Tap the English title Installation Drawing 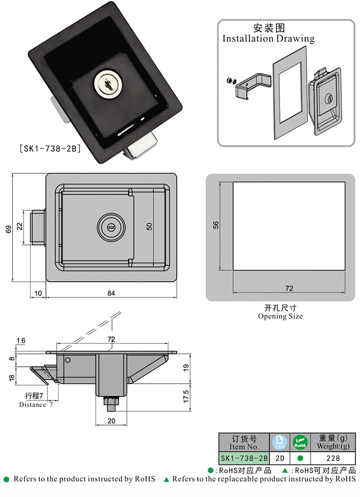click(268, 39)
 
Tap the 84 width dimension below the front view click(111, 294)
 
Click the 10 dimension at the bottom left click(38, 294)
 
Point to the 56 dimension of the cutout click(216, 225)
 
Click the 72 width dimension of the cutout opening click(289, 289)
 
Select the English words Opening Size click(280, 316)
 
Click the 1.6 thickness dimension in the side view click(20, 340)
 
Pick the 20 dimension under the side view click(111, 421)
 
